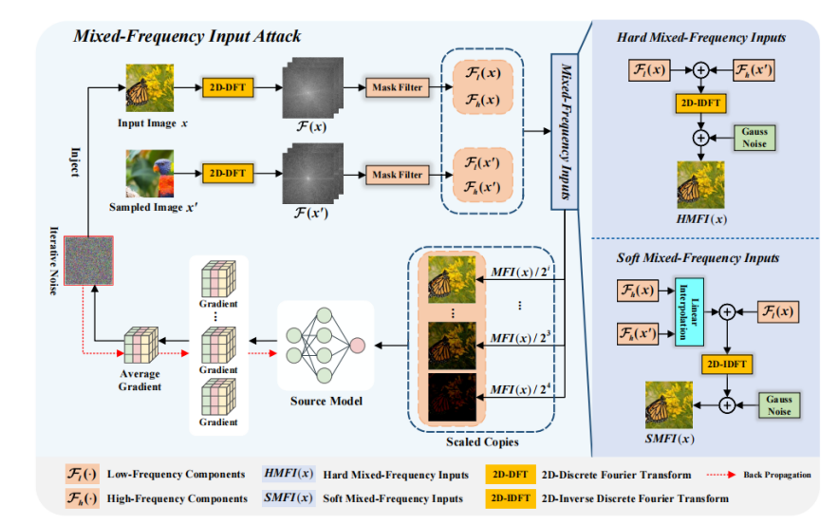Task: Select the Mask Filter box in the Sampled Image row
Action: click(396, 175)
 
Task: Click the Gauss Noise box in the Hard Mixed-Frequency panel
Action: click(755, 137)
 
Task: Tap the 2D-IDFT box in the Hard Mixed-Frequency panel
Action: click(700, 102)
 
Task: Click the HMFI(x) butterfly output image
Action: click(700, 183)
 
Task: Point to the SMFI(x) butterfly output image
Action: click(667, 403)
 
